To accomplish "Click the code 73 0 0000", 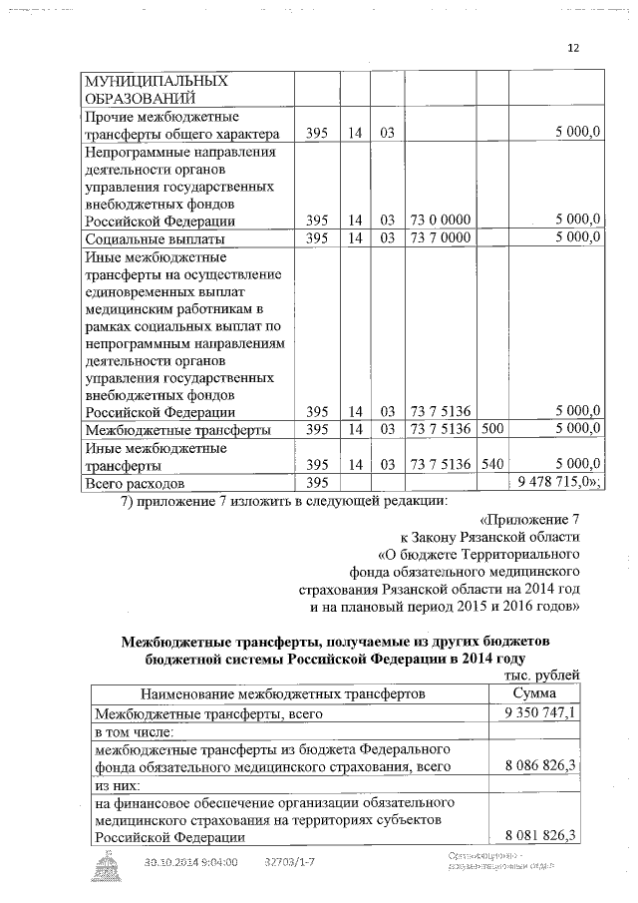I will click(x=440, y=221).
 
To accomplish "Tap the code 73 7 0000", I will click(x=440, y=238).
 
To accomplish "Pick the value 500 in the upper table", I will click(x=491, y=429).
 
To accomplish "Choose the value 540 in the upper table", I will click(x=491, y=464).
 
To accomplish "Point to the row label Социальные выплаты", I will click(x=155, y=238).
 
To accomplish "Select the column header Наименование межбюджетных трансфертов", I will click(x=283, y=693).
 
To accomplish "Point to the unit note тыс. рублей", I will click(x=542, y=676).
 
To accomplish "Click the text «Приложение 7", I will click(x=529, y=520).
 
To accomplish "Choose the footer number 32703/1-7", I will click(x=294, y=862).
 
